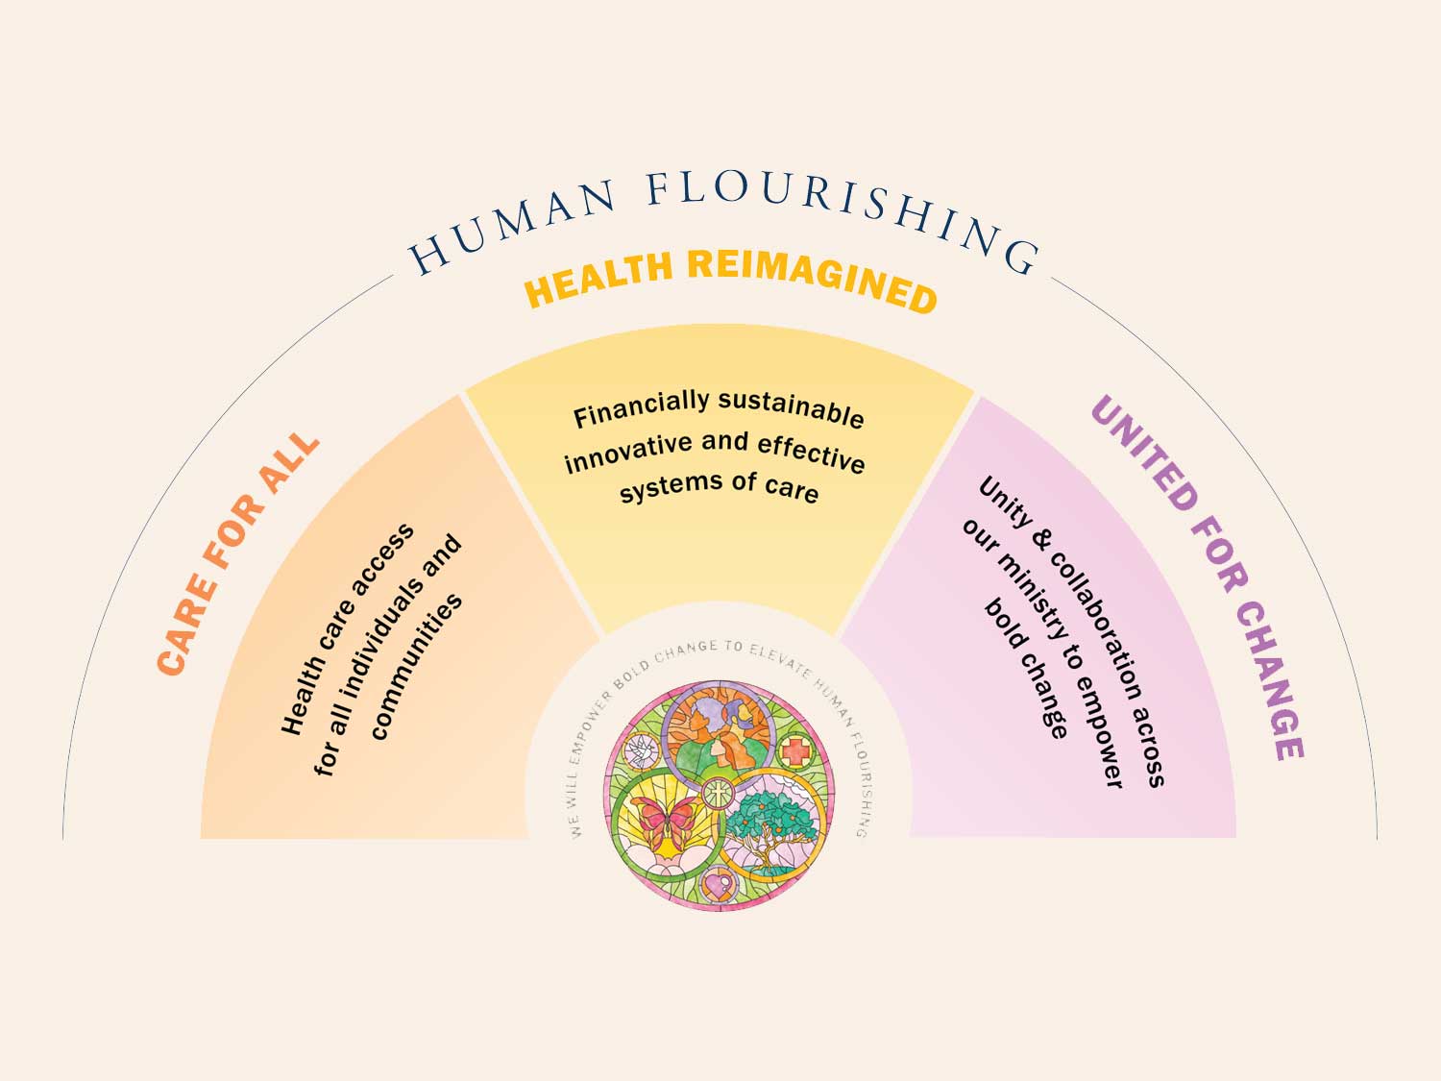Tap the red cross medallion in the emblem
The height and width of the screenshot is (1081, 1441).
794,750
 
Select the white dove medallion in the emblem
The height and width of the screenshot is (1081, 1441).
640,750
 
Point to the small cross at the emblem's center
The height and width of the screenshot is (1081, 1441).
717,794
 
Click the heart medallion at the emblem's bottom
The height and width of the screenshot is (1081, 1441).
717,881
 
